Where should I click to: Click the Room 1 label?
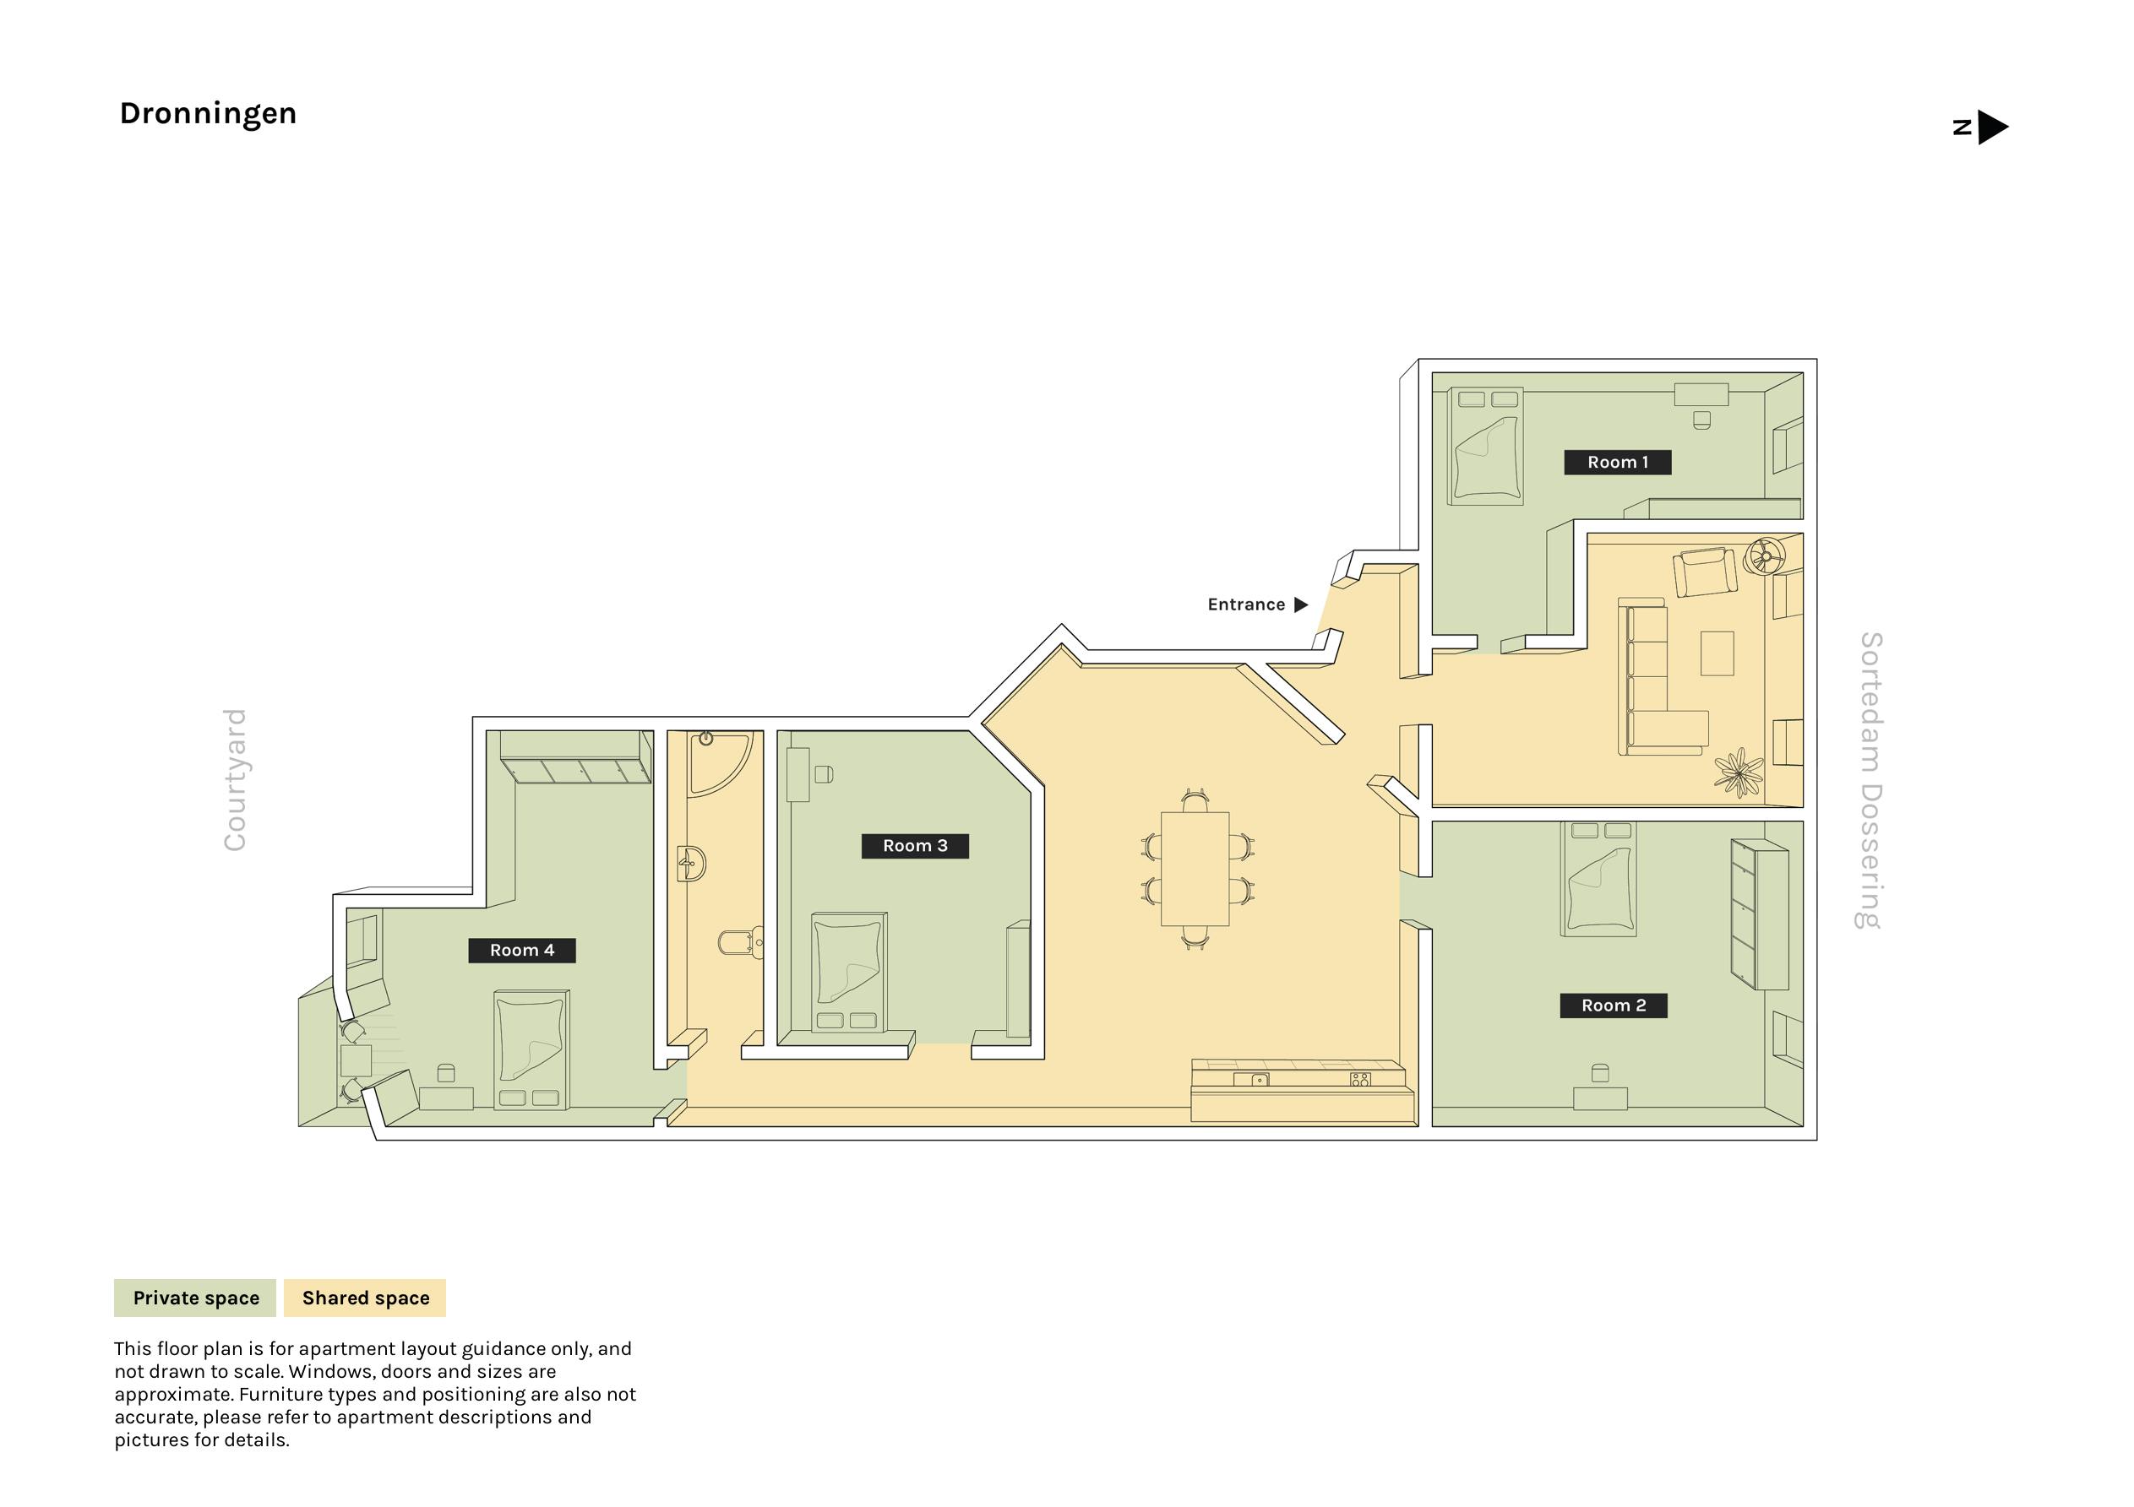point(1617,462)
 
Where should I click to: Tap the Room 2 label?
point(1613,1006)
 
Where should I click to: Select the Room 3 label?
point(915,845)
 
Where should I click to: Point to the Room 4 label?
point(521,950)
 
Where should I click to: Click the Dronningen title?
point(208,113)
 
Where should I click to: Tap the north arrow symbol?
point(1992,127)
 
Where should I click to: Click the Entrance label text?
point(1246,604)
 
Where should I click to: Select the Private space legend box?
point(195,1298)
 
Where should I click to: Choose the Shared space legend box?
point(365,1298)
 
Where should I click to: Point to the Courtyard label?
point(234,779)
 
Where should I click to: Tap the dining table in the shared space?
point(1195,869)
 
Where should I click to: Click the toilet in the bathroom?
point(740,943)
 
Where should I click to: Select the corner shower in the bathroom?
point(721,764)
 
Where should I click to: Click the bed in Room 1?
point(1485,446)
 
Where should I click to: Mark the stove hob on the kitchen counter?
point(1360,1080)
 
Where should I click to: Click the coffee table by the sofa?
point(1717,653)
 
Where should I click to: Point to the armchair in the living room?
point(1705,572)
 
